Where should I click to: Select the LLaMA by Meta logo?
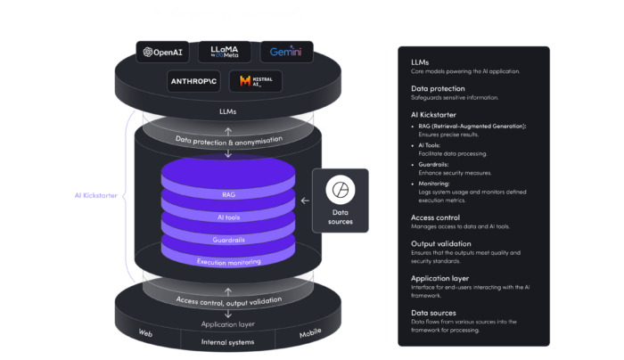pos(224,53)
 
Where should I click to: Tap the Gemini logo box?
pos(286,53)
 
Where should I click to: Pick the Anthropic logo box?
pos(194,82)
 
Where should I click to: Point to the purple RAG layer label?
pos(228,192)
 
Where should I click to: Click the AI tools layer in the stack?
pos(228,217)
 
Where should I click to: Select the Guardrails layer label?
pos(228,239)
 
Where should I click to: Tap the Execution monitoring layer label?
pos(228,262)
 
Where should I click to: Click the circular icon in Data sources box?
pos(340,189)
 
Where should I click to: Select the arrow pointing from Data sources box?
pos(305,200)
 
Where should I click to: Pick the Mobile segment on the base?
pos(309,333)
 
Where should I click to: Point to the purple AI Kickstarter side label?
pos(95,195)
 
